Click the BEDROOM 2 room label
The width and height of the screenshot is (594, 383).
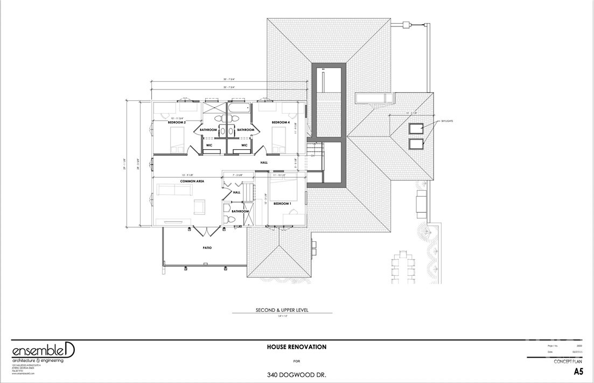[177, 123]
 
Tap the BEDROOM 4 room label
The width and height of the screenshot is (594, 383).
[281, 123]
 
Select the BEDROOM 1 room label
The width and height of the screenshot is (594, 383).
[283, 204]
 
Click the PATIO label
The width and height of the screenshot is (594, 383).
[207, 248]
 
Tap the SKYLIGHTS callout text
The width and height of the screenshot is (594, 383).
[446, 122]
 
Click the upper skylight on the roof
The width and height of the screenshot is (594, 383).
[415, 129]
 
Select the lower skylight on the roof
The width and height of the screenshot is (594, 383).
[415, 144]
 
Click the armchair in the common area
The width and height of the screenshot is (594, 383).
[199, 206]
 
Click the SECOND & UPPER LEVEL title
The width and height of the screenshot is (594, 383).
[285, 310]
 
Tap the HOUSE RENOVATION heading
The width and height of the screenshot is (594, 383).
[296, 347]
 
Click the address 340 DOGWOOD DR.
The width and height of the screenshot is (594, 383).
[297, 374]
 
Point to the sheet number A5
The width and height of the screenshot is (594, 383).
[578, 372]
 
